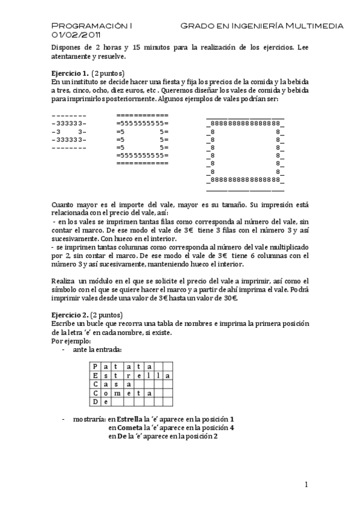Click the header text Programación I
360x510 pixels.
pyautogui.click(x=92, y=26)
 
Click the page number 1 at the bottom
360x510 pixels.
pyautogui.click(x=306, y=485)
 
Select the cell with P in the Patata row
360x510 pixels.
pyautogui.click(x=94, y=366)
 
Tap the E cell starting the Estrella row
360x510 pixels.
pyautogui.click(x=94, y=375)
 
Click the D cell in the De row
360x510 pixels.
pyautogui.click(x=94, y=402)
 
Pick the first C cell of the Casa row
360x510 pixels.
pyautogui.click(x=94, y=384)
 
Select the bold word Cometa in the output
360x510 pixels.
pyautogui.click(x=130, y=428)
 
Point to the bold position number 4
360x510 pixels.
pyautogui.click(x=231, y=428)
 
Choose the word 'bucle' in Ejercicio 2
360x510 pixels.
pyautogui.click(x=97, y=324)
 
